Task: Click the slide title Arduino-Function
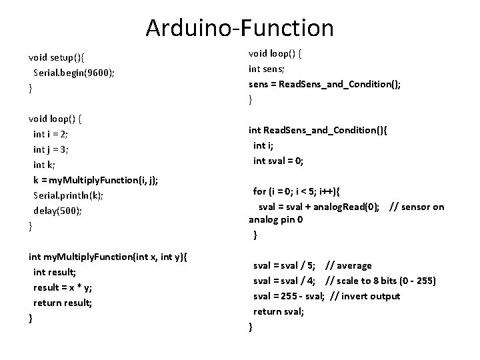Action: [x=239, y=28]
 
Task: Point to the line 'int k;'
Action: [x=45, y=164]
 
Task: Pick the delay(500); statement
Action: [x=59, y=210]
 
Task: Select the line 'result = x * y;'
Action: [x=63, y=287]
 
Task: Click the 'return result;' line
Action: [x=63, y=302]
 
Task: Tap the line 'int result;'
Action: [x=55, y=271]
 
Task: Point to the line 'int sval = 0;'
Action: [x=278, y=160]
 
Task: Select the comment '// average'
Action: [x=353, y=265]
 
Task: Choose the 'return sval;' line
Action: [x=278, y=311]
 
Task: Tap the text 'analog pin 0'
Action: [x=276, y=219]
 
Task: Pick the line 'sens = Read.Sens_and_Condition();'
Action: [x=325, y=84]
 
